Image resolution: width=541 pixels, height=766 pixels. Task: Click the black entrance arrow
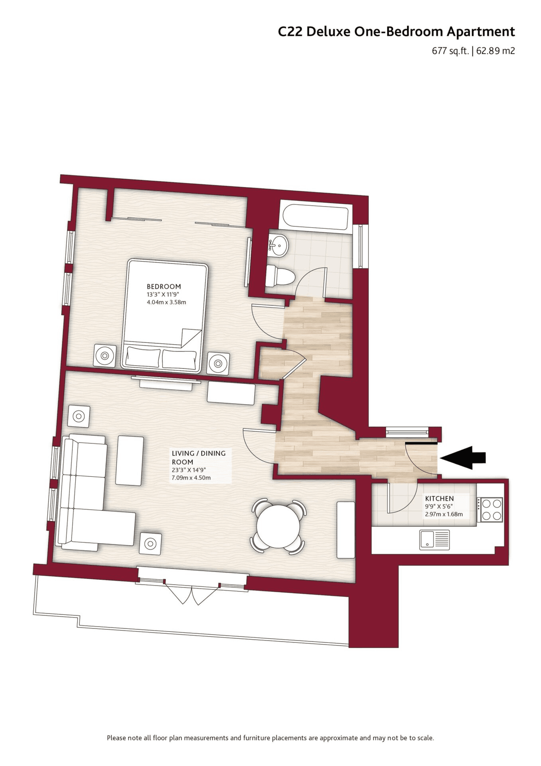coord(463,457)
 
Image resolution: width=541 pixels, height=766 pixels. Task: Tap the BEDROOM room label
coord(164,286)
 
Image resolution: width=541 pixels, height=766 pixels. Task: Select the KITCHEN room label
coord(439,498)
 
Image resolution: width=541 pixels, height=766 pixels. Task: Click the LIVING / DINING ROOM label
coord(198,457)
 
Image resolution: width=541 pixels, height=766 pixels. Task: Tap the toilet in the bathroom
coord(279,276)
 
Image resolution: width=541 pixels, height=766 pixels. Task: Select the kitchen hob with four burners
coord(491,509)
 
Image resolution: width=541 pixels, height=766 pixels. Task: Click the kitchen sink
coord(434,540)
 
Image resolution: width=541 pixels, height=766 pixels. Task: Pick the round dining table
coord(278,526)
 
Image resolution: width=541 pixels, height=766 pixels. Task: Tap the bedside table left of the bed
coord(105,355)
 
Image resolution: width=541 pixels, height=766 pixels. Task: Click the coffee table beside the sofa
coord(129,460)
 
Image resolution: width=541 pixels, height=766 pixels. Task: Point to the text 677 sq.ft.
coord(451,51)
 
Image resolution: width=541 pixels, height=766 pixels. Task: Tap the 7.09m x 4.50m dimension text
coord(192,478)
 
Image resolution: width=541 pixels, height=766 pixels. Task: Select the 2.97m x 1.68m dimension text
coord(444,514)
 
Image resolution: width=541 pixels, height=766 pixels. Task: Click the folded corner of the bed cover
coord(192,338)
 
